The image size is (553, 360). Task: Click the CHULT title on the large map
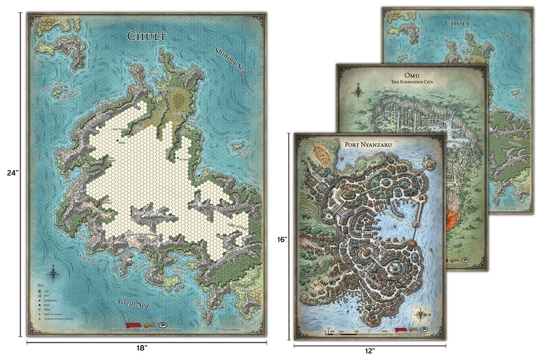pyautogui.click(x=147, y=36)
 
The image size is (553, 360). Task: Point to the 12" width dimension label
pyautogui.click(x=371, y=351)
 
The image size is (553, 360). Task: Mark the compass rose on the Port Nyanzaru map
pyautogui.click(x=421, y=316)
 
